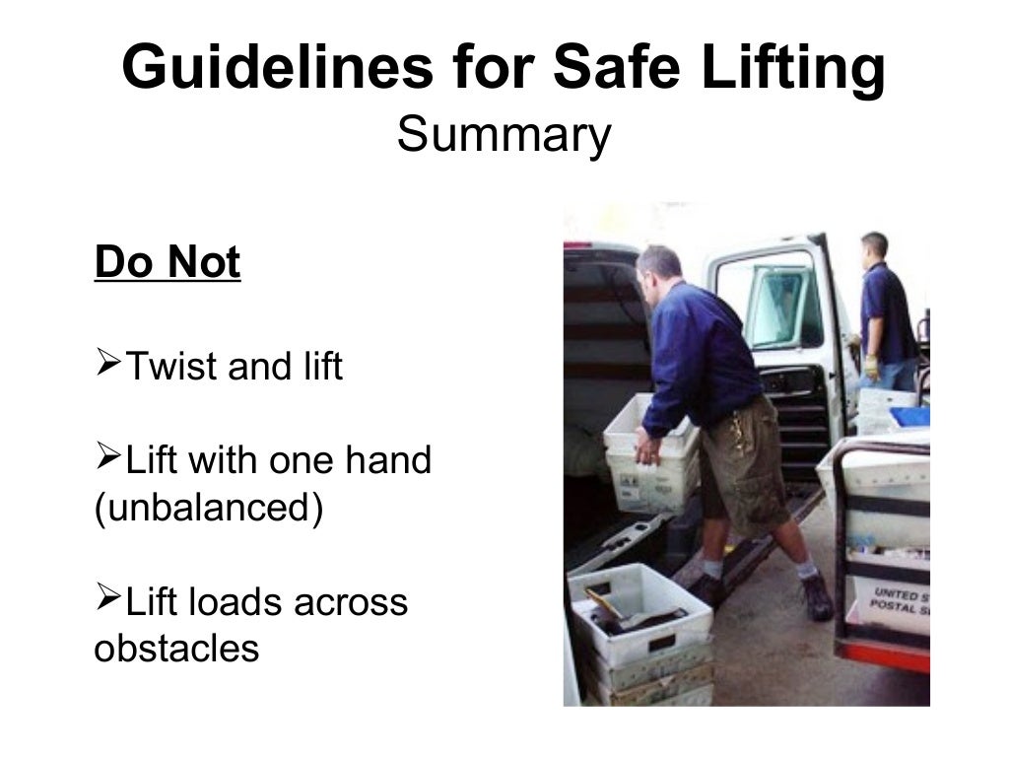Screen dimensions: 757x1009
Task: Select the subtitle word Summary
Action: [x=504, y=135]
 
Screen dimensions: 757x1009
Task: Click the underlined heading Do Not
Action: [x=167, y=263]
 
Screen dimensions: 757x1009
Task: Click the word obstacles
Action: [x=176, y=649]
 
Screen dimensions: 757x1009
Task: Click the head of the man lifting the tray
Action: [x=658, y=269]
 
